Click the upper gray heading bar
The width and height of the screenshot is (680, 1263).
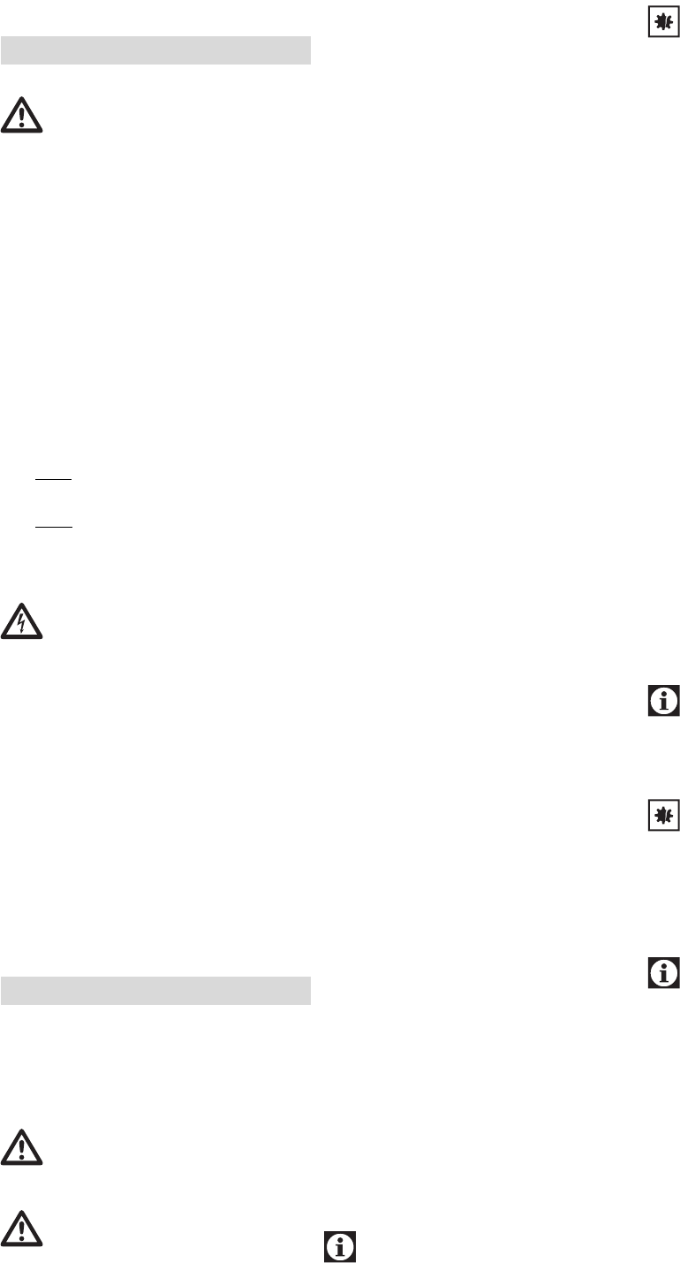pyautogui.click(x=155, y=50)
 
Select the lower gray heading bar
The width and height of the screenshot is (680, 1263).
pyautogui.click(x=155, y=991)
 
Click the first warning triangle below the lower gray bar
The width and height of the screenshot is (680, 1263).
pyautogui.click(x=22, y=1147)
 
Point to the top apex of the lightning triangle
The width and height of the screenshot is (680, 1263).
pyautogui.click(x=22, y=605)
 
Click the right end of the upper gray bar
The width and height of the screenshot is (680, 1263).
pyautogui.click(x=309, y=50)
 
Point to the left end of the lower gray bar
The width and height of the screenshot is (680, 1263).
pyautogui.click(x=3, y=991)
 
